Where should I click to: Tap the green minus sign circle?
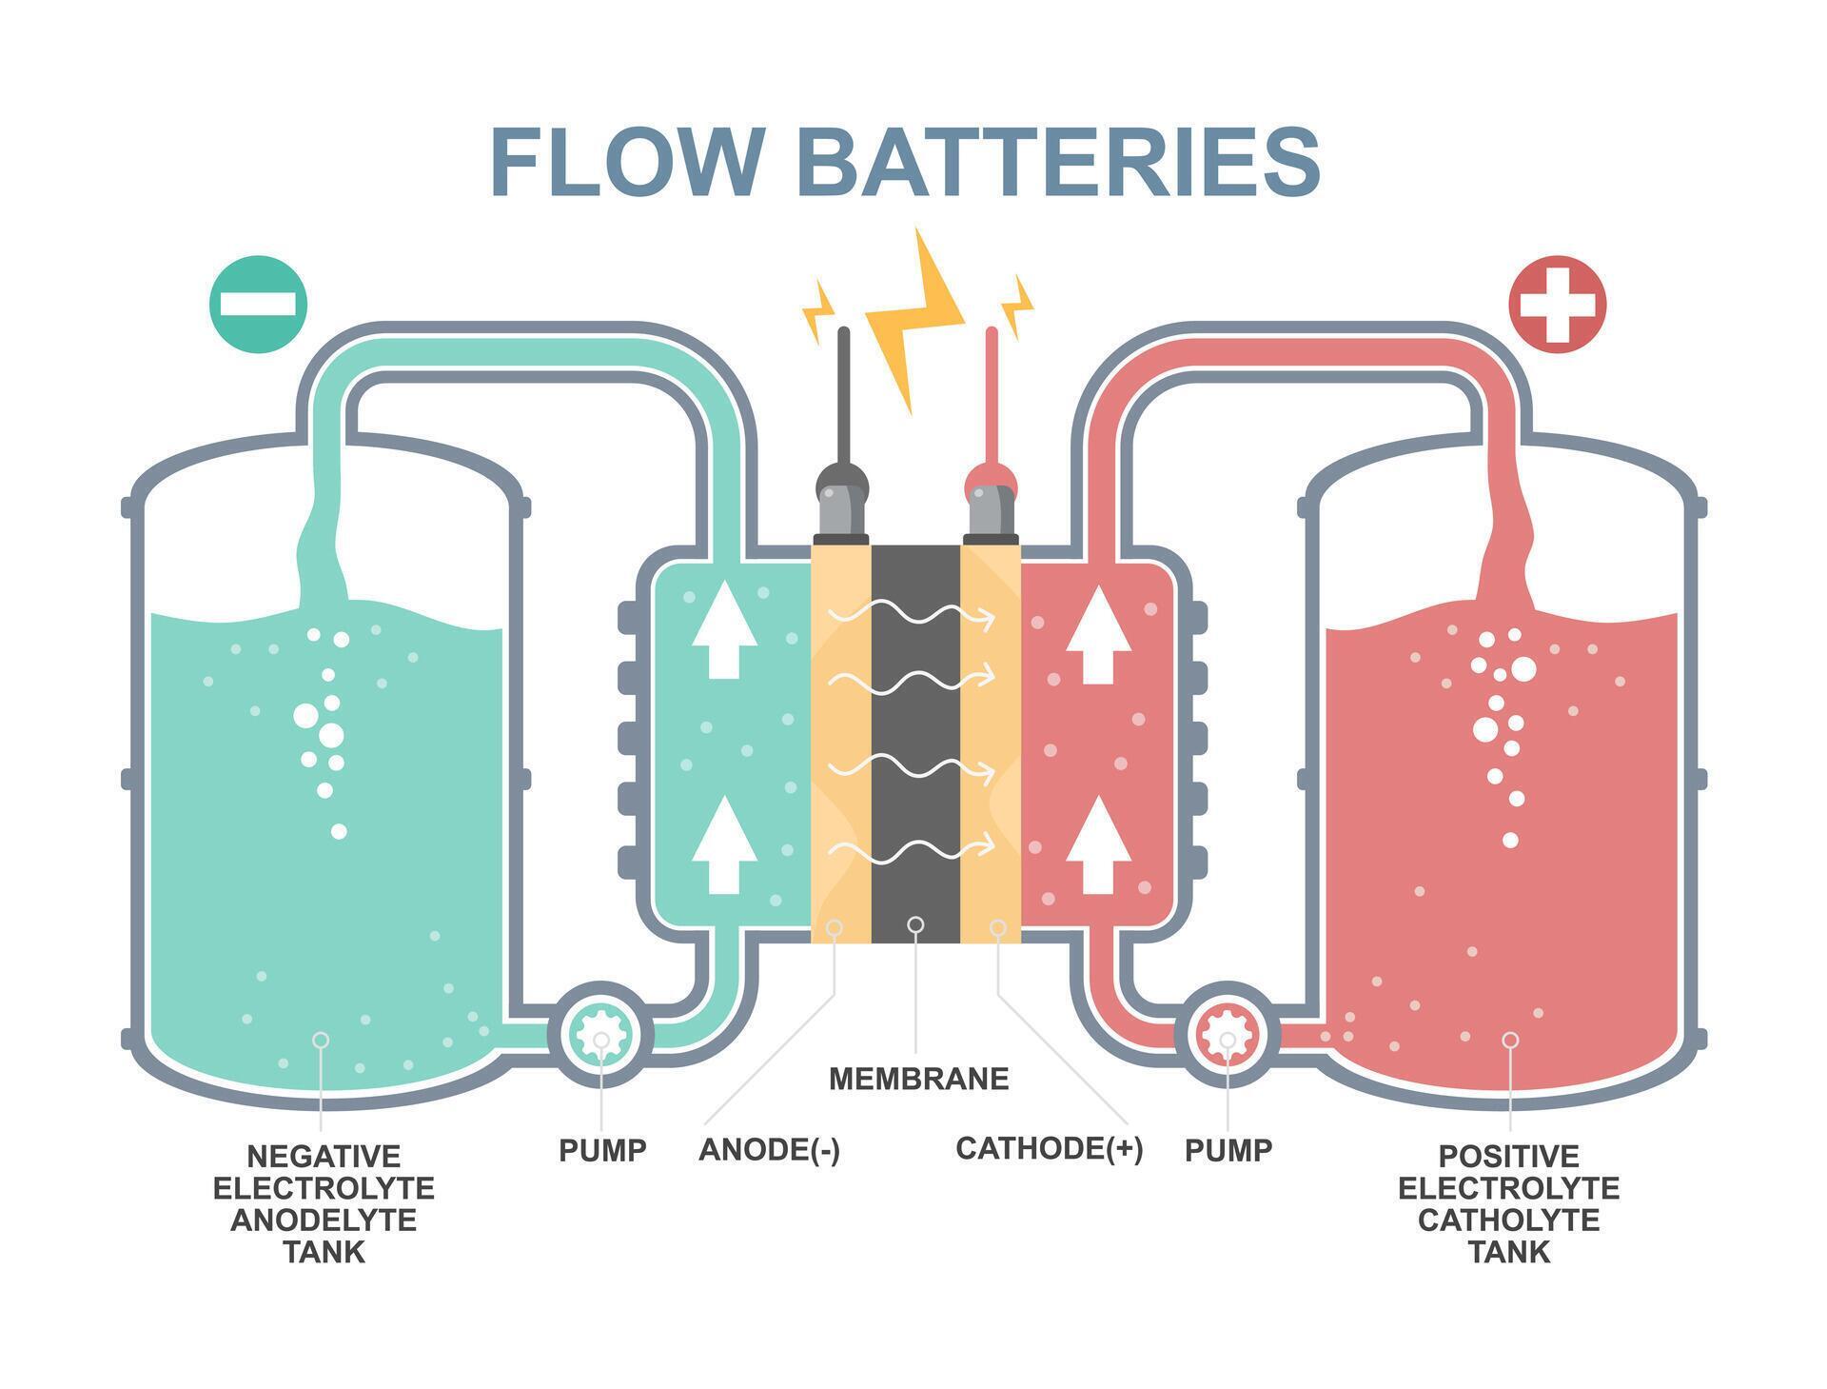pyautogui.click(x=259, y=305)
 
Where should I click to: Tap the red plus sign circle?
pyautogui.click(x=1557, y=305)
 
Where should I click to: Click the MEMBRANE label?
pyautogui.click(x=918, y=1079)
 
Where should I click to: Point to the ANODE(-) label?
pyautogui.click(x=769, y=1149)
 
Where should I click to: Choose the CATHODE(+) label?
pyautogui.click(x=1049, y=1148)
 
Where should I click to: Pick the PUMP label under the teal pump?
pyautogui.click(x=602, y=1150)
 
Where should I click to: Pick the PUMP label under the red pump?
pyautogui.click(x=1228, y=1150)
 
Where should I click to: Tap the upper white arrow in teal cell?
pyautogui.click(x=724, y=629)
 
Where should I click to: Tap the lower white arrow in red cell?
pyautogui.click(x=1098, y=845)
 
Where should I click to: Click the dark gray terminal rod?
pyautogui.click(x=842, y=400)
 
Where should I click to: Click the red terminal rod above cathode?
pyautogui.click(x=992, y=400)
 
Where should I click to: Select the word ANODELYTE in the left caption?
pyautogui.click(x=324, y=1220)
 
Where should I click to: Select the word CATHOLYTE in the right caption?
pyautogui.click(x=1508, y=1220)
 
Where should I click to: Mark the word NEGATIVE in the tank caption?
pyautogui.click(x=324, y=1157)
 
